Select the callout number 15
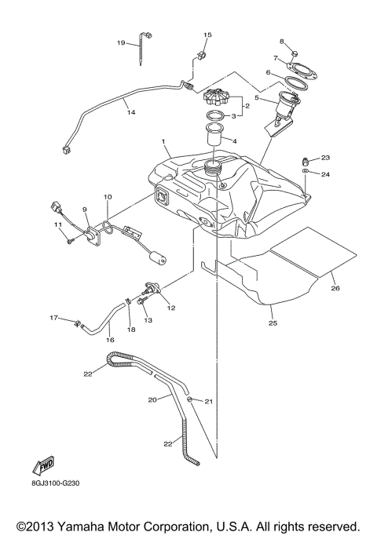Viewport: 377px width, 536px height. coord(208,35)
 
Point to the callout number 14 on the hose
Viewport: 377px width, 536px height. coord(131,113)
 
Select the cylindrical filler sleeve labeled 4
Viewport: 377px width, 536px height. coord(214,137)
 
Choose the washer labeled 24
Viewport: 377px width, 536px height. coord(306,172)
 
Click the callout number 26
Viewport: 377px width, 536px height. coord(335,288)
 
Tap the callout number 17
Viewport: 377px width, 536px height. coord(54,317)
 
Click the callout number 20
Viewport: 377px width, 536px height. coord(152,399)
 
